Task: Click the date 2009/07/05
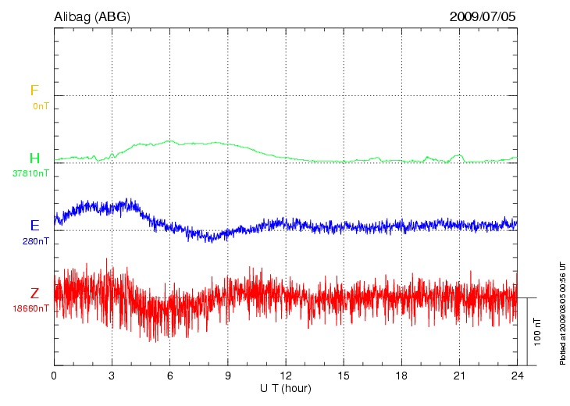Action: (x=483, y=16)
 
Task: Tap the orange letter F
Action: (x=34, y=91)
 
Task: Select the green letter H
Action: (x=34, y=158)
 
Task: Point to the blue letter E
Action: (x=34, y=226)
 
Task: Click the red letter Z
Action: (x=34, y=294)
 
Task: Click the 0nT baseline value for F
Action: (x=41, y=105)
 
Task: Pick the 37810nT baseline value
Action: (x=30, y=173)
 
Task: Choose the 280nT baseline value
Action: (x=36, y=241)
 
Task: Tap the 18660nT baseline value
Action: (x=30, y=308)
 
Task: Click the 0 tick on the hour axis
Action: (x=54, y=376)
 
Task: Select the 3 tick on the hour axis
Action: (x=112, y=376)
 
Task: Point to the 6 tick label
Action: (x=169, y=376)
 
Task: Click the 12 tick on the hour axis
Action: (x=285, y=376)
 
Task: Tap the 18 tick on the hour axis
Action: (x=401, y=376)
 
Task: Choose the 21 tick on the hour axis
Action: (x=458, y=376)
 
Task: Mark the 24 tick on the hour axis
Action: (x=516, y=376)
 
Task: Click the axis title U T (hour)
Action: (x=285, y=388)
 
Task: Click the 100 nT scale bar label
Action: (x=536, y=332)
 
